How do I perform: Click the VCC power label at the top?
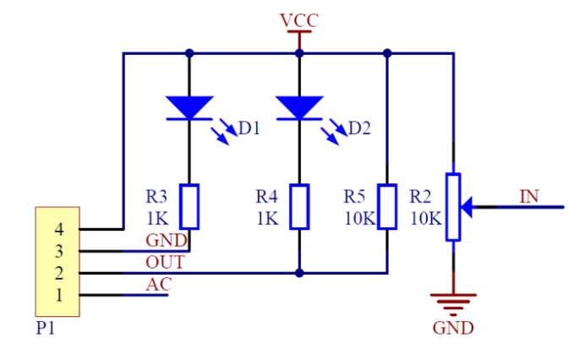tap(299, 19)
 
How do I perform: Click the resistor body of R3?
tap(190, 206)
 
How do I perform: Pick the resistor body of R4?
tap(299, 206)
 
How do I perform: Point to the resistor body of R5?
tap(386, 206)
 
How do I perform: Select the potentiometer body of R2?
tap(454, 206)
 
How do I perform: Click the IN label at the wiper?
tap(528, 197)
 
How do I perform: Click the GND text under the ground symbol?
tap(454, 328)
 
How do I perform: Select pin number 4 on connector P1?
tap(59, 229)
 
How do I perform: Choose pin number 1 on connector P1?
tap(59, 295)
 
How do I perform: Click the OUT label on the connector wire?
tap(164, 263)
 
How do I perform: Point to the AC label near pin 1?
tap(158, 285)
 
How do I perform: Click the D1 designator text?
tap(249, 128)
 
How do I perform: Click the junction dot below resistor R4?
tap(299, 273)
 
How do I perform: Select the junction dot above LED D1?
tap(189, 53)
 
